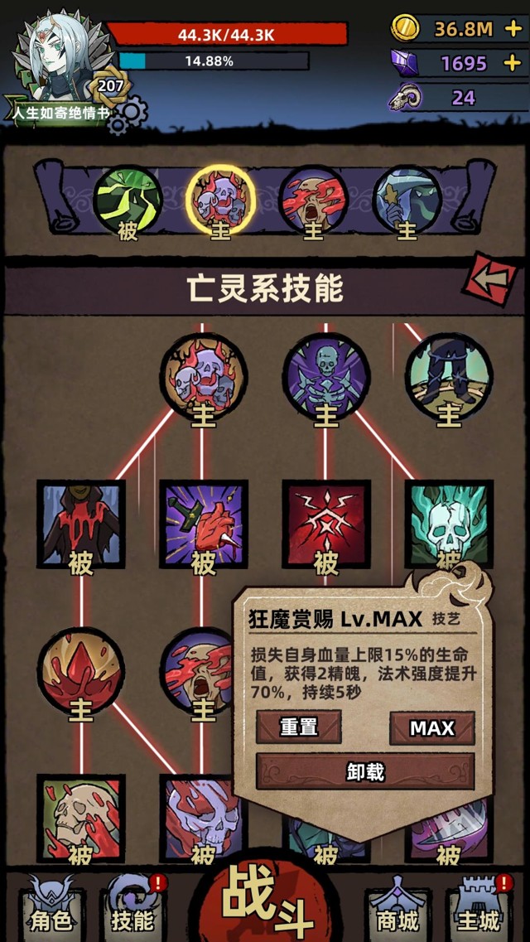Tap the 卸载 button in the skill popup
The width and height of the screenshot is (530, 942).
click(x=365, y=771)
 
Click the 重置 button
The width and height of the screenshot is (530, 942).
click(x=298, y=727)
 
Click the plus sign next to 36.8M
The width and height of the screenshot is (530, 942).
click(x=513, y=29)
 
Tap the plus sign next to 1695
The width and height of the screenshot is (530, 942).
click(x=513, y=62)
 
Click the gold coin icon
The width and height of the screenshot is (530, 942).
click(x=405, y=28)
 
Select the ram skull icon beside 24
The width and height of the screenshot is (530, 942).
click(x=405, y=97)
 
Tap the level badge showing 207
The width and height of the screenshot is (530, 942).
click(x=110, y=86)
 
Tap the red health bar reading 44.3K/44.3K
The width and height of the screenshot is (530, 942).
click(x=227, y=34)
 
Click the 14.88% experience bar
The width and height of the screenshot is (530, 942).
click(x=214, y=60)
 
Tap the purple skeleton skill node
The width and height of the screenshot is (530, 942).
click(x=325, y=377)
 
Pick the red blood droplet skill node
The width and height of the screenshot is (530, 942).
click(x=81, y=670)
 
